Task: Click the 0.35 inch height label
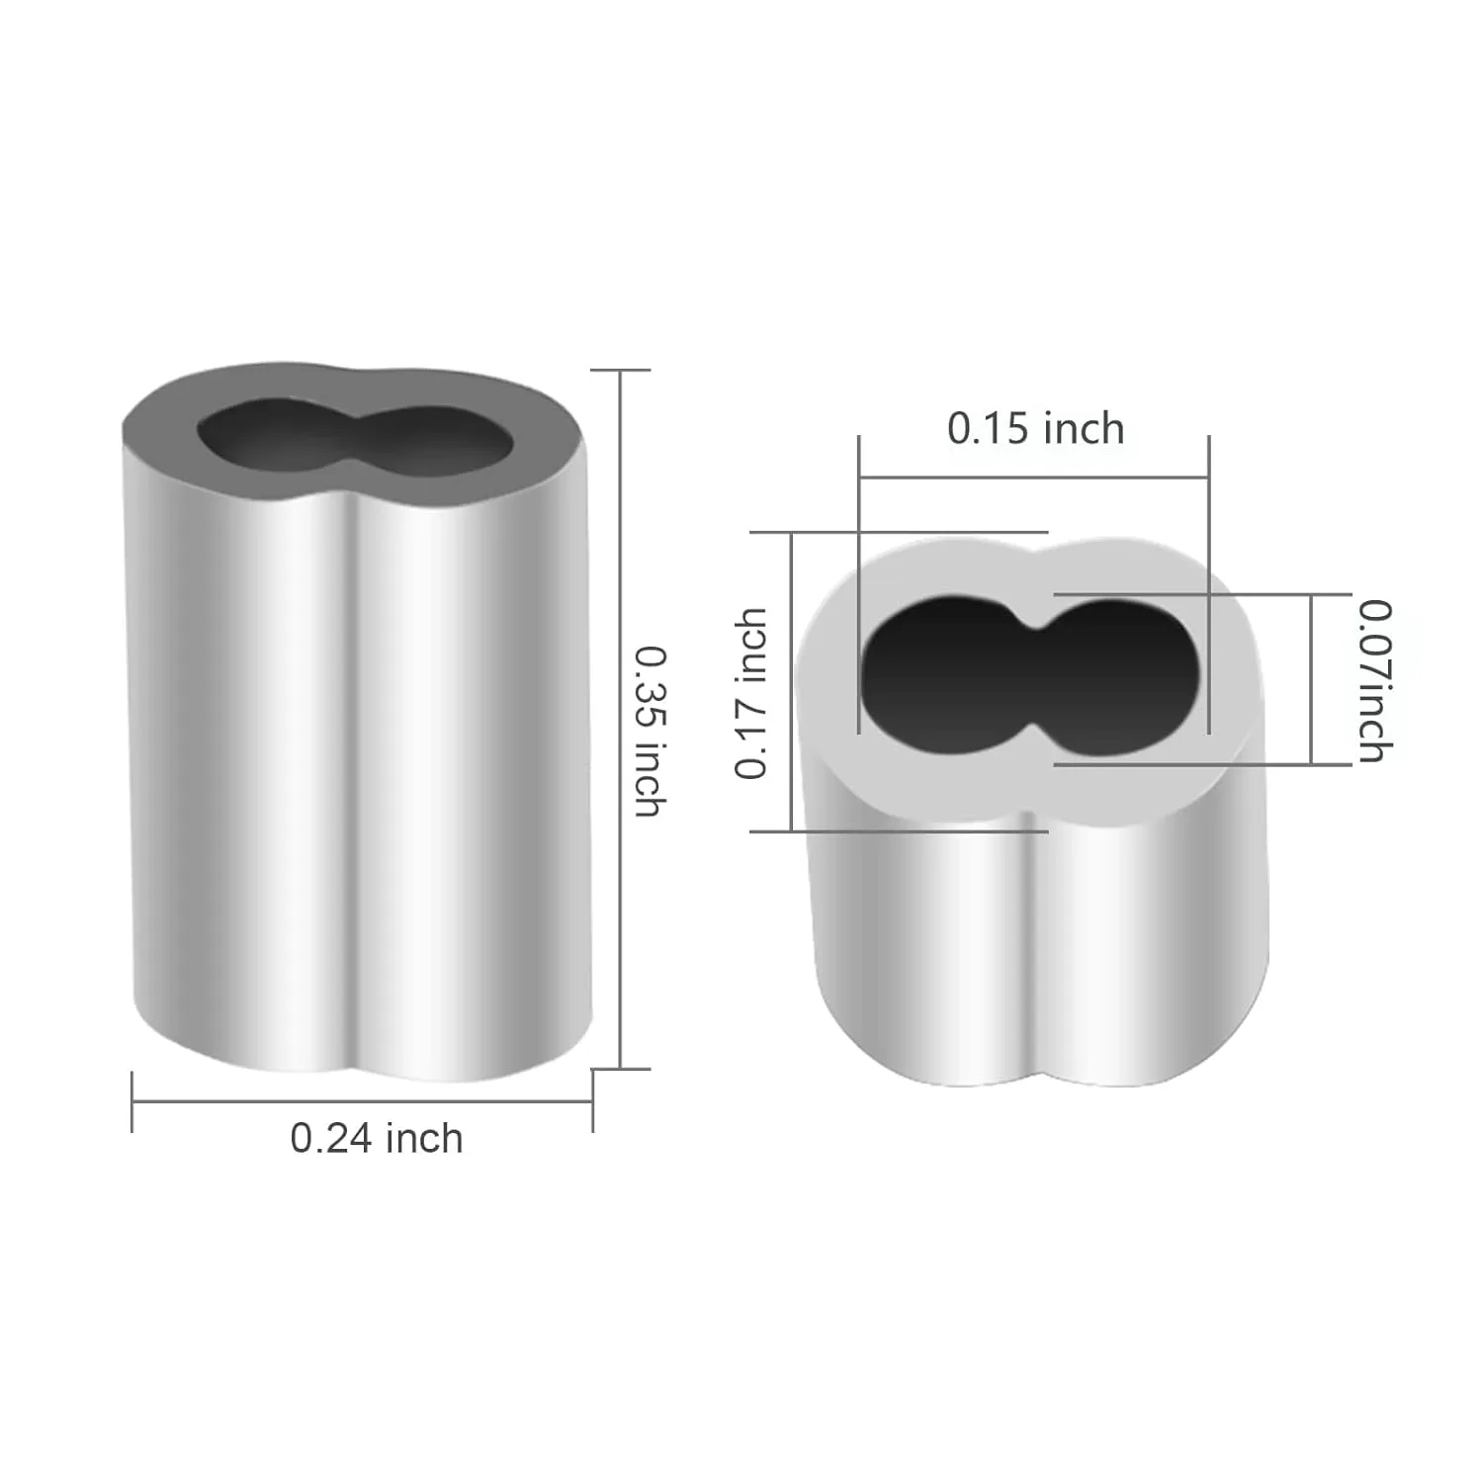[x=649, y=731]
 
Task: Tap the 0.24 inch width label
[x=377, y=1139]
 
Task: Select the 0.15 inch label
[x=1035, y=429]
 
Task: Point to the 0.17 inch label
[x=751, y=693]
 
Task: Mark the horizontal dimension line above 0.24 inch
[x=362, y=1101]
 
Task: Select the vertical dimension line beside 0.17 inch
[x=792, y=682]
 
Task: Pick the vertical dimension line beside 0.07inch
[x=1312, y=680]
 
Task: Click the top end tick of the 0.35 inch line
[x=620, y=370]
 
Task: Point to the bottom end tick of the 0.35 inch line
[x=620, y=1069]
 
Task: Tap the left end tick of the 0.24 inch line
[x=132, y=1101]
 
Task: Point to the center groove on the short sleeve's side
[x=1033, y=939]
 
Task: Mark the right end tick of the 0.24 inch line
[x=592, y=1101]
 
